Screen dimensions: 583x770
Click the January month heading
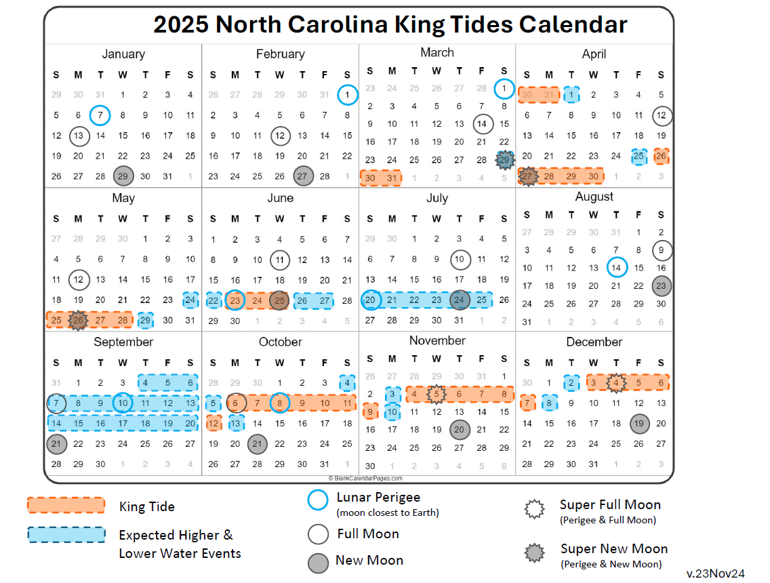(x=123, y=54)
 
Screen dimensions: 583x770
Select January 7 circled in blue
(x=100, y=115)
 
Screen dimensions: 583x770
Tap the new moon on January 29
(x=123, y=176)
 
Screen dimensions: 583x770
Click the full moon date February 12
(x=279, y=136)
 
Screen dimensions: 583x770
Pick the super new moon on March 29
(x=504, y=160)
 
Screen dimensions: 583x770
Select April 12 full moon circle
(x=661, y=116)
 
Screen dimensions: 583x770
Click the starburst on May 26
(x=78, y=320)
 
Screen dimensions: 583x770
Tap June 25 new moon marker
(x=279, y=300)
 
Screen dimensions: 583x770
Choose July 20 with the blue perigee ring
(x=370, y=300)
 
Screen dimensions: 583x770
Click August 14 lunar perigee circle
(x=616, y=268)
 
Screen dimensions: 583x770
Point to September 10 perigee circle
(x=123, y=403)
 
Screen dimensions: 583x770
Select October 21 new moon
(x=257, y=444)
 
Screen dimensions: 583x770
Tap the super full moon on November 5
(x=437, y=394)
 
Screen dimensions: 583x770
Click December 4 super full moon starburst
(x=615, y=383)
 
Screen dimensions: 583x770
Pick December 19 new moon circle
(x=638, y=424)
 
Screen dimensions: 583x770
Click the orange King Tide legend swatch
(x=66, y=506)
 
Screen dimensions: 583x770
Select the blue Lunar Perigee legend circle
(x=318, y=500)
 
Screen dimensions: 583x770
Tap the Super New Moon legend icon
(x=533, y=552)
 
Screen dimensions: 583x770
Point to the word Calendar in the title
(x=573, y=24)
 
